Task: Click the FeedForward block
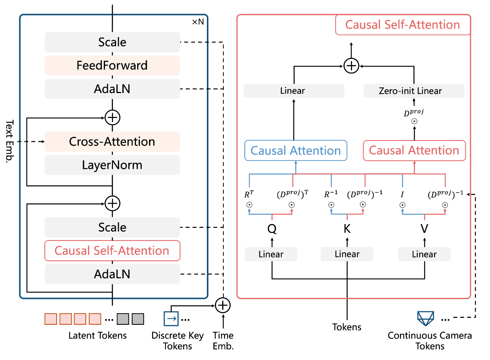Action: coord(112,65)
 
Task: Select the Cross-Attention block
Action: coord(112,141)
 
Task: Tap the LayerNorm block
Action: coord(112,165)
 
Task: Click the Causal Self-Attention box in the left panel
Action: coord(112,250)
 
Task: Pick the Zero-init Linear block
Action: coord(414,91)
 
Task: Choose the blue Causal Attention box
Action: coord(296,151)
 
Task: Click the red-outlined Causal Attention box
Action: coord(414,151)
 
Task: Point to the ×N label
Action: coord(198,22)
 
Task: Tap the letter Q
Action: coord(272,229)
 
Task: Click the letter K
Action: coord(347,229)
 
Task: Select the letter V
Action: coord(424,229)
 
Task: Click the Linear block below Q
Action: coord(271,254)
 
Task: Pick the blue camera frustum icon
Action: coord(426,318)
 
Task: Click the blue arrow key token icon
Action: coord(171,319)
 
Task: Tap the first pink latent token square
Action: coord(51,319)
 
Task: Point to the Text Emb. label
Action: coord(10,141)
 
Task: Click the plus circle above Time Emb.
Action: coord(223,305)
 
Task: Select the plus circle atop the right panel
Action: coord(351,66)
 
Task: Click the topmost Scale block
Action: coord(112,42)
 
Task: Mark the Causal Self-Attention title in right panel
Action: coord(403,25)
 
